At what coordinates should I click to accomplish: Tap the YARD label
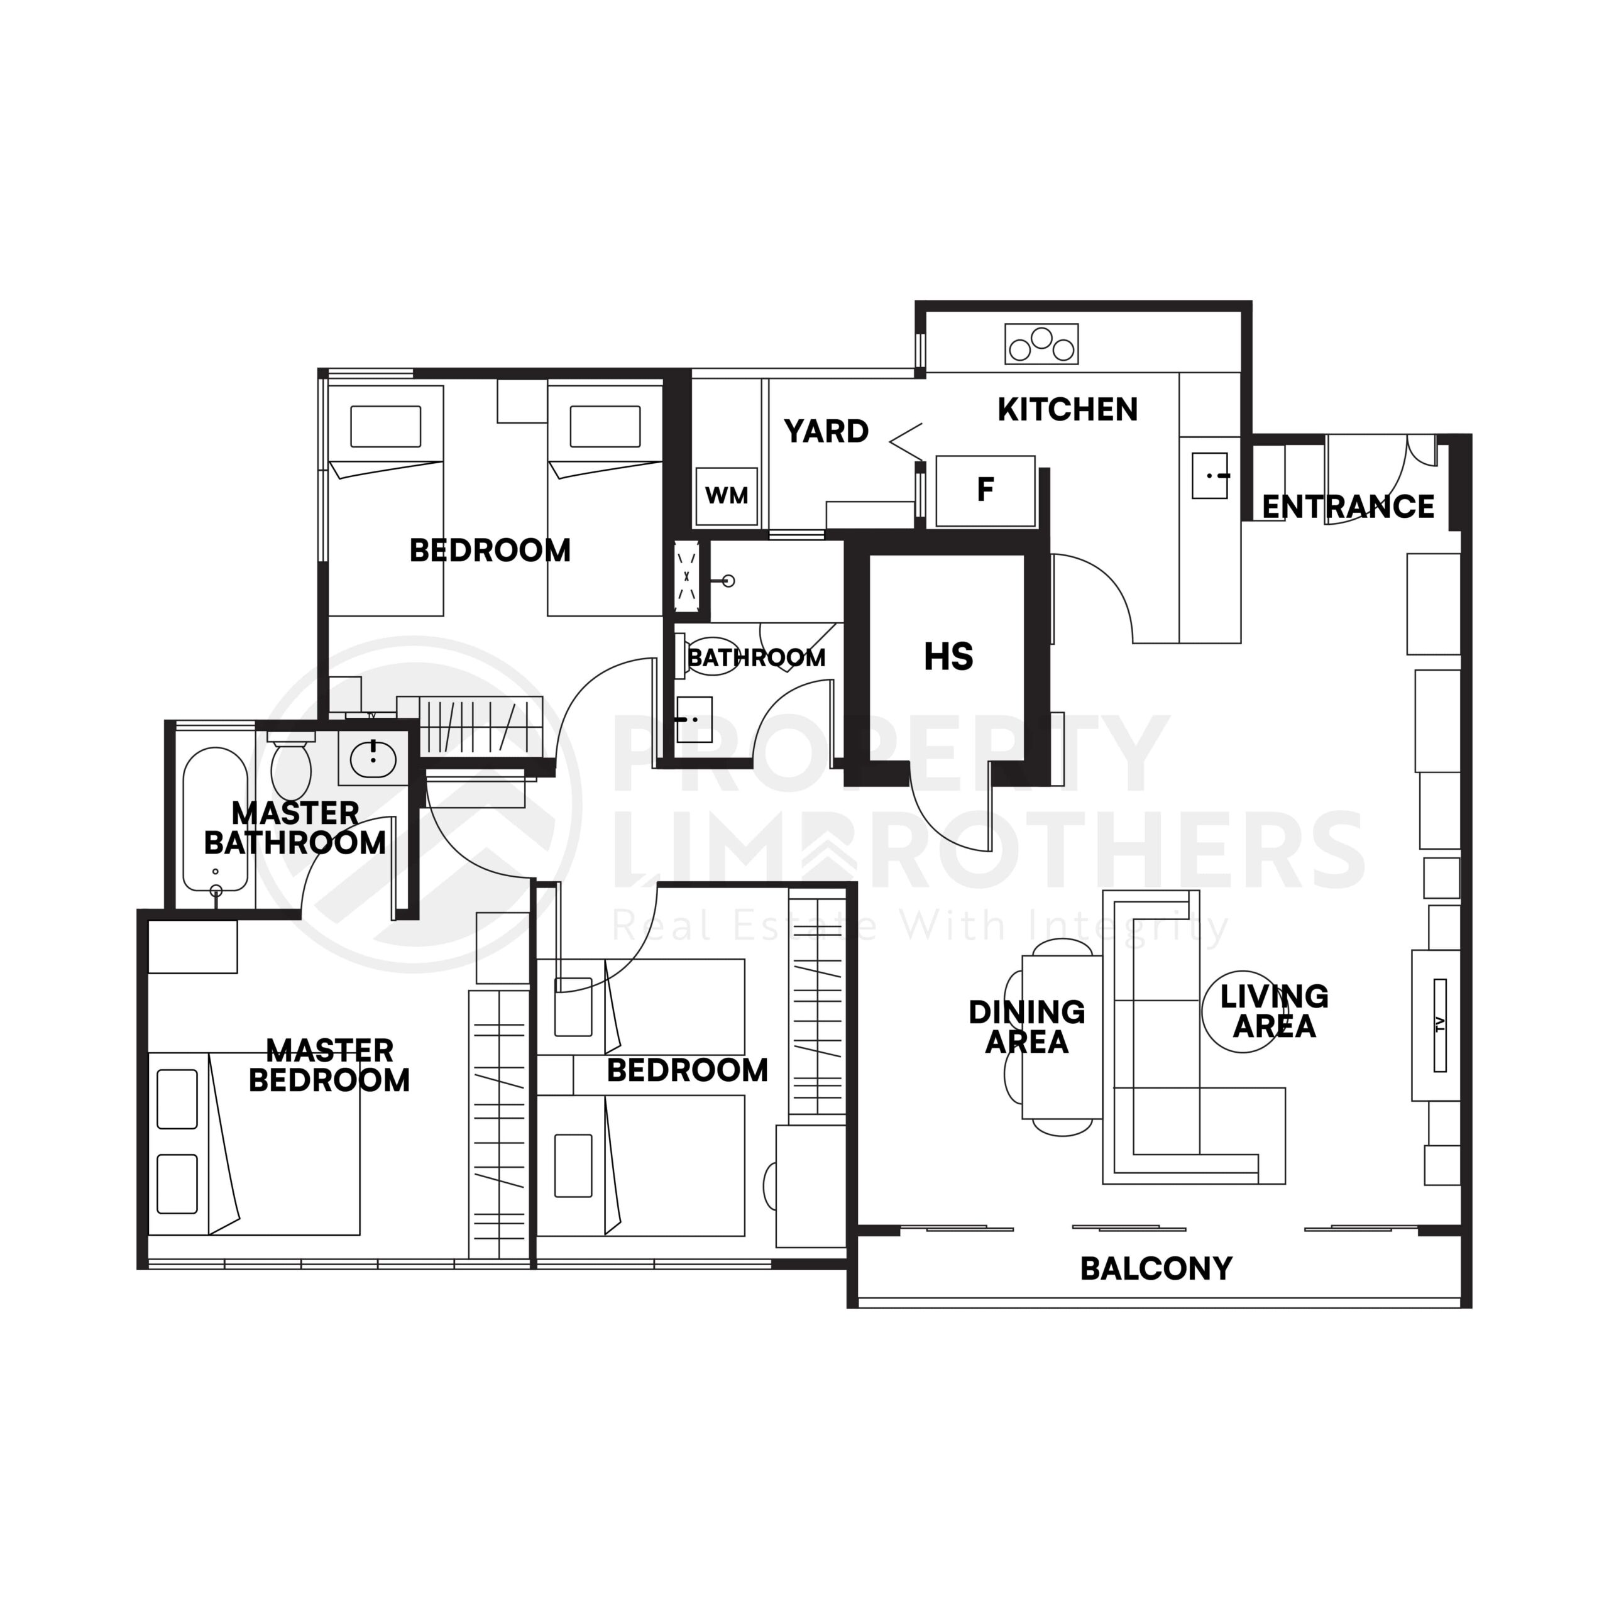pyautogui.click(x=826, y=431)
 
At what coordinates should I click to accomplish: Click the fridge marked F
pyautogui.click(x=986, y=490)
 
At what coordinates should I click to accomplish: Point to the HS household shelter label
pyautogui.click(x=948, y=657)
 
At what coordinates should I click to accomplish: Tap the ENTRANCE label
pyautogui.click(x=1348, y=507)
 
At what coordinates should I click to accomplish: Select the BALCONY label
pyautogui.click(x=1156, y=1268)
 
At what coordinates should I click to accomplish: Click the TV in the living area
pyautogui.click(x=1440, y=1025)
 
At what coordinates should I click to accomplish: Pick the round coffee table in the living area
pyautogui.click(x=1243, y=1012)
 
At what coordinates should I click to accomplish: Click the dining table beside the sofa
pyautogui.click(x=1062, y=1037)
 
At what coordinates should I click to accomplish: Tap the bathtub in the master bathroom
pyautogui.click(x=216, y=820)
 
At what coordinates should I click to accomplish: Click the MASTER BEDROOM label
pyautogui.click(x=329, y=1065)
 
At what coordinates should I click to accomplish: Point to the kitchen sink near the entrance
pyautogui.click(x=1209, y=476)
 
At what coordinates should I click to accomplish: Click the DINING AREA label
pyautogui.click(x=1027, y=1027)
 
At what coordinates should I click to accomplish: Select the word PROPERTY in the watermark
pyautogui.click(x=887, y=754)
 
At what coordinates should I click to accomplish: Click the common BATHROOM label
pyautogui.click(x=756, y=658)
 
